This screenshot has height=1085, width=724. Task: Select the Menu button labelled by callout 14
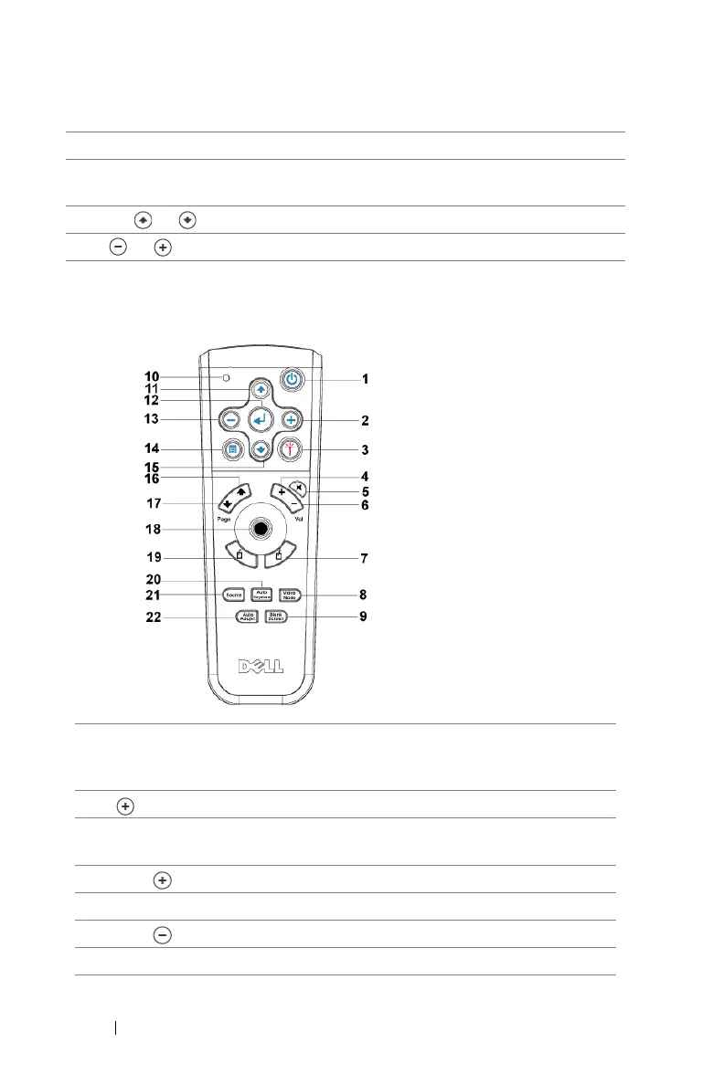pos(233,449)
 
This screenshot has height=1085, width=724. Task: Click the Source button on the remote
pos(233,595)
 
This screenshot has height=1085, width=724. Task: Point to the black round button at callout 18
pos(261,529)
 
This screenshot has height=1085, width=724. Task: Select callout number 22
pos(151,617)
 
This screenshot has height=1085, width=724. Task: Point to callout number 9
pos(365,617)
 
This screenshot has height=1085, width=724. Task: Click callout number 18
pos(151,529)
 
